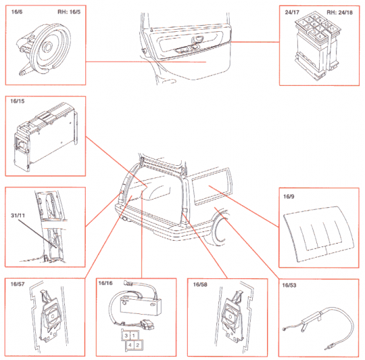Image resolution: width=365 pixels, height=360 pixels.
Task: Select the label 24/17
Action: tap(291, 12)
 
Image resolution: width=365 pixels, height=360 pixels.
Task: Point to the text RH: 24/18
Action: tap(341, 12)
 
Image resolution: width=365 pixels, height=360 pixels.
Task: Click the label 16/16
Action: tap(106, 285)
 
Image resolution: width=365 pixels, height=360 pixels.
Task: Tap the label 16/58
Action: tap(200, 285)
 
